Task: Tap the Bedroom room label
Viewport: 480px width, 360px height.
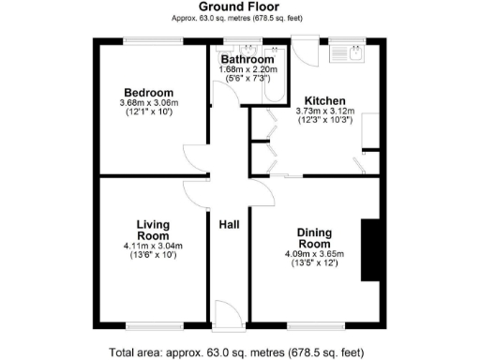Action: tap(149, 92)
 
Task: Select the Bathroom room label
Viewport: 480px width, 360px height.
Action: tap(247, 60)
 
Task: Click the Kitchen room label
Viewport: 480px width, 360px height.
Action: tap(322, 100)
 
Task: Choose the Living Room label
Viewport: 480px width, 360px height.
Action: tap(153, 230)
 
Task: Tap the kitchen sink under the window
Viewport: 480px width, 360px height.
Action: tap(352, 53)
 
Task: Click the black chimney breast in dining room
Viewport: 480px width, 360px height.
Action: tap(369, 249)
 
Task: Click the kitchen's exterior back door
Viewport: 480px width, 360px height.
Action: tap(305, 52)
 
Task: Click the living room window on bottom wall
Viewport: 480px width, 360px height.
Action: tap(154, 325)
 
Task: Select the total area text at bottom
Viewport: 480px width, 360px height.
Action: tap(238, 352)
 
